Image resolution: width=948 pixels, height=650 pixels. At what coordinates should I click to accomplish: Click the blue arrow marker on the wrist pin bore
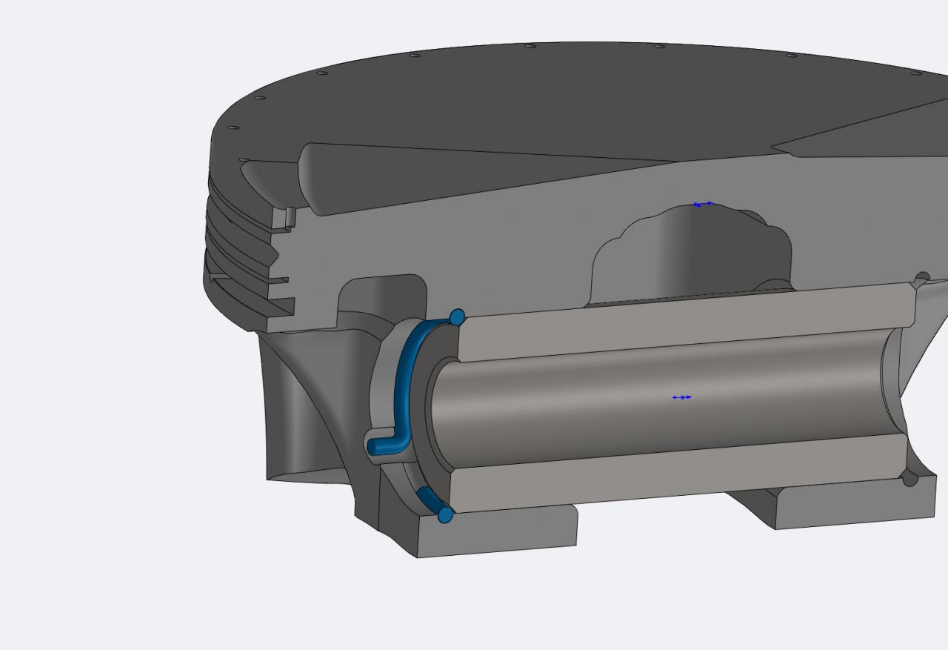coord(681,397)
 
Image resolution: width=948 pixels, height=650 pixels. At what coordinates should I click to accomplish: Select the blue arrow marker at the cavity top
coord(703,204)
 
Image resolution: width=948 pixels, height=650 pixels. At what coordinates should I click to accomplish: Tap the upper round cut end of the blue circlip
coord(457,317)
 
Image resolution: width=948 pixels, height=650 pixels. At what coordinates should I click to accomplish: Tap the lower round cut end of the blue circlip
coord(445,514)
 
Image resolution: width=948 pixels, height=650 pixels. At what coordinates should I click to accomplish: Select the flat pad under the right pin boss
coord(852,504)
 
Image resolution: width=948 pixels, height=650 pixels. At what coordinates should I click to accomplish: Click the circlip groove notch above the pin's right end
coord(921,279)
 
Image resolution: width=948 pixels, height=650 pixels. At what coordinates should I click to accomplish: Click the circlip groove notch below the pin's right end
coord(910,480)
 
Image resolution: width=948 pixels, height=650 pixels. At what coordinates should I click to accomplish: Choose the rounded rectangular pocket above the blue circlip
coord(382,296)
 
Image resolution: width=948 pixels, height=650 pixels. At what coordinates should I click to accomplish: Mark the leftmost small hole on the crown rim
coord(233,127)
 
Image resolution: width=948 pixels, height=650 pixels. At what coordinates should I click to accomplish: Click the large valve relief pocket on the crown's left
coord(444,178)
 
